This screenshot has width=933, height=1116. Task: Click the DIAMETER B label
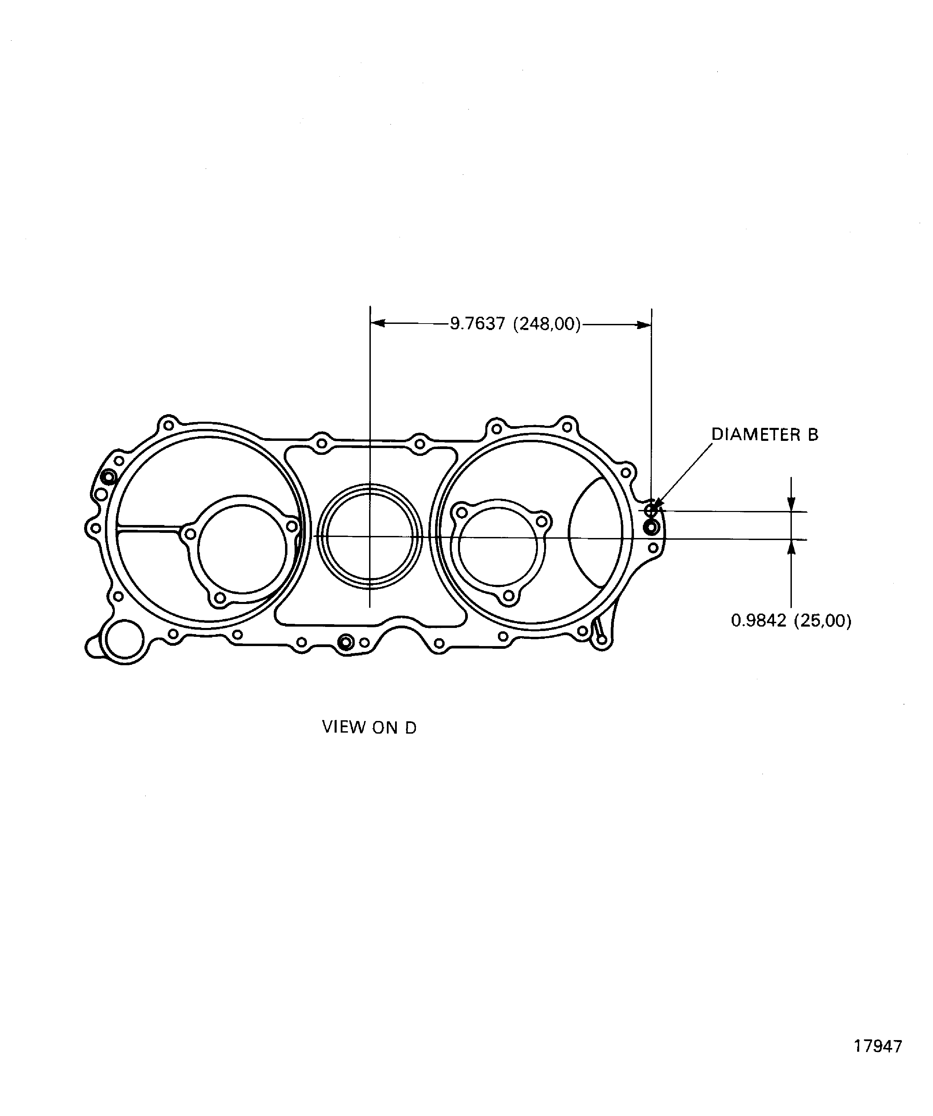tap(764, 435)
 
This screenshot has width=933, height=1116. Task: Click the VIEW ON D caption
tap(369, 727)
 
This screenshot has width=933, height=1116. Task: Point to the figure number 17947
tap(878, 1046)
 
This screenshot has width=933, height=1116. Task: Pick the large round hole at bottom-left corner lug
tap(124, 639)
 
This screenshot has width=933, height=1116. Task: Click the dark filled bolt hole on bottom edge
tap(346, 643)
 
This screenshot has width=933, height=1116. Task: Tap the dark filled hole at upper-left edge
tap(109, 477)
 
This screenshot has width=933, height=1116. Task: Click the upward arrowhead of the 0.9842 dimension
tap(791, 547)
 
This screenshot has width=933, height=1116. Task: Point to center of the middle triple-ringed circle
tap(369, 536)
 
